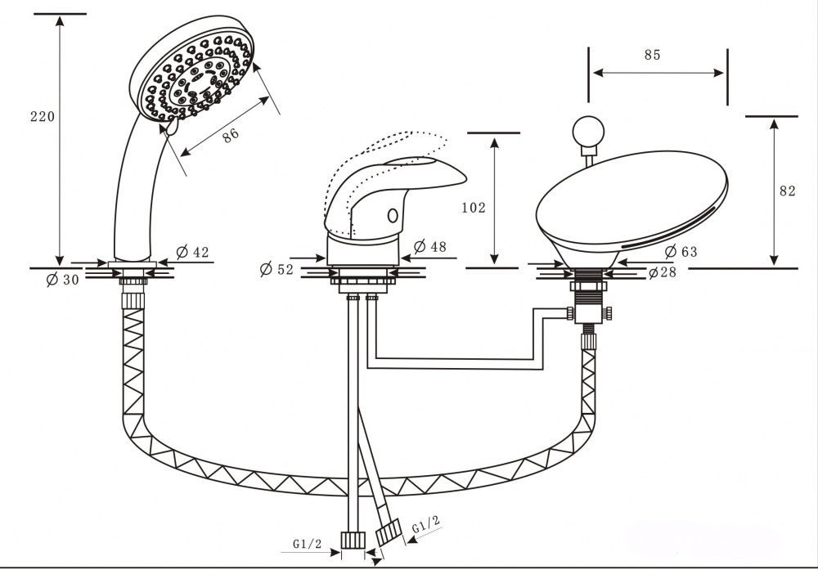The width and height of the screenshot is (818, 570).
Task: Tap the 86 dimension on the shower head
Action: point(230,137)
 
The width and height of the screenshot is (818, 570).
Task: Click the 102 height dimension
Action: point(474,208)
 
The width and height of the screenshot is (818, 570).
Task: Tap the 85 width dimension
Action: point(652,56)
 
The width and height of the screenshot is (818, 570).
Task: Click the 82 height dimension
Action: point(787,191)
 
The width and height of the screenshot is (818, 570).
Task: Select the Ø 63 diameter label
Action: point(681,252)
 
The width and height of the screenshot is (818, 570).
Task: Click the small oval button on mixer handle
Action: point(392,216)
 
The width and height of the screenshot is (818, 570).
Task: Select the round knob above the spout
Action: point(588,131)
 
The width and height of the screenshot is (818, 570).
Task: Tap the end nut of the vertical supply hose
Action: point(353,541)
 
